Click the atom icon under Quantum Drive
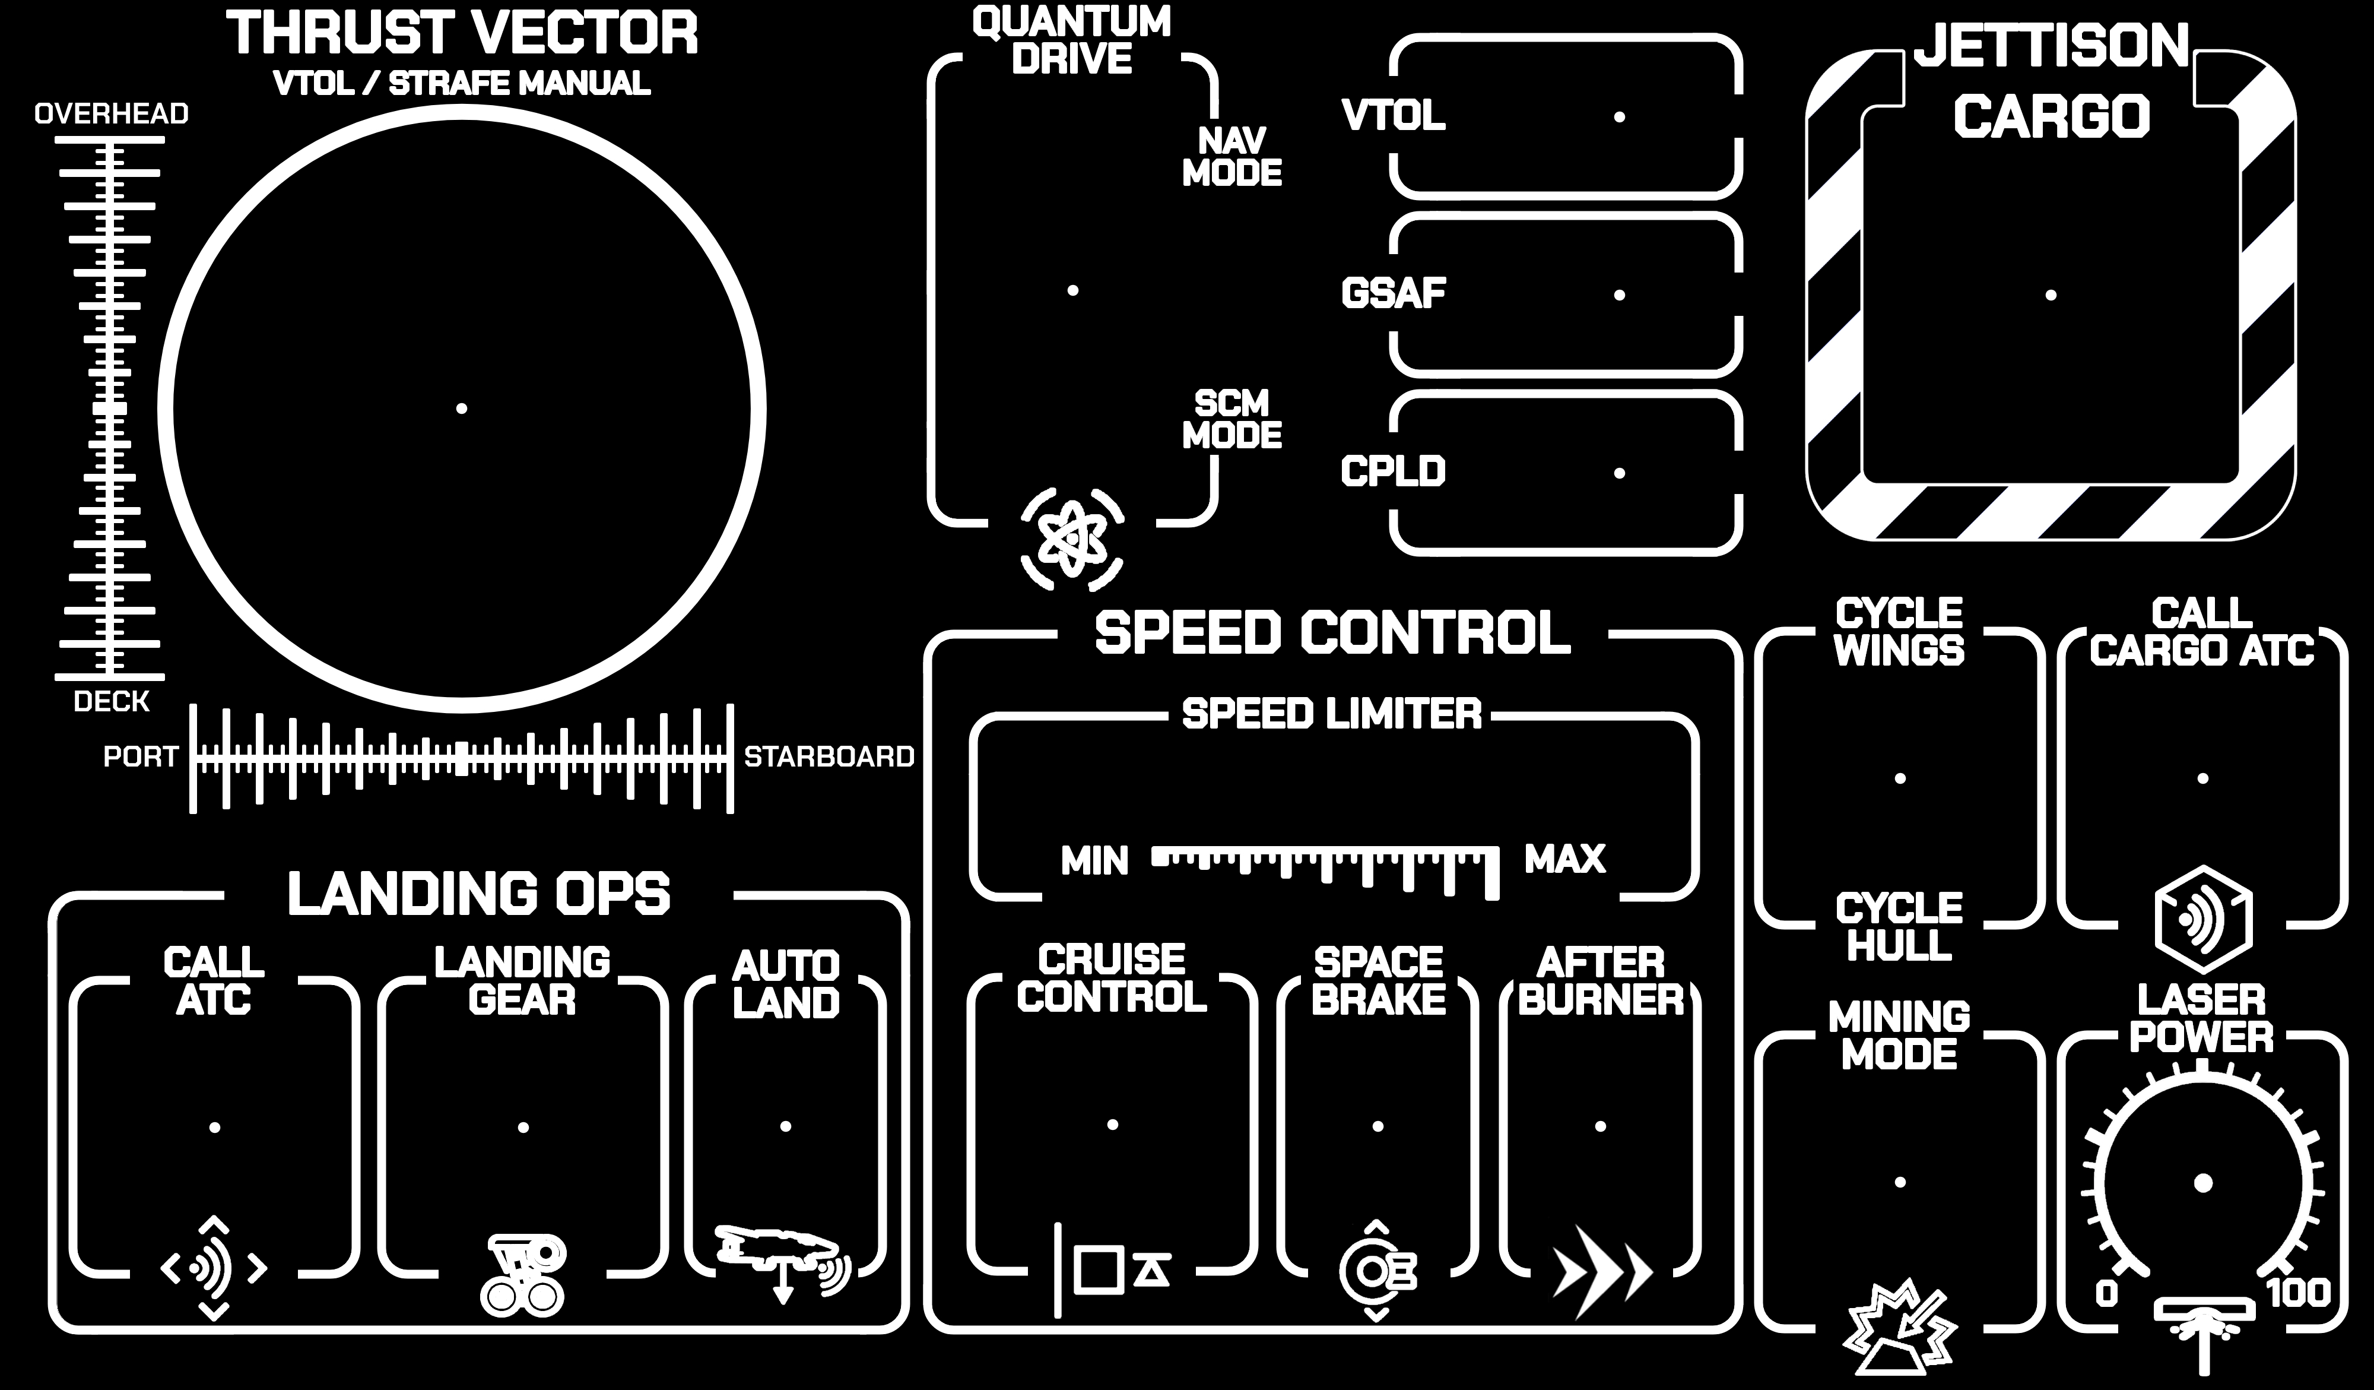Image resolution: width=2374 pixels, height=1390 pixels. (1072, 539)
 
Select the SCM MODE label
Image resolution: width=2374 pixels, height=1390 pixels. (1232, 419)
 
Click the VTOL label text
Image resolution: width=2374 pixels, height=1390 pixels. (1394, 116)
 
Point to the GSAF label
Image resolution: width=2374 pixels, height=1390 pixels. (1394, 293)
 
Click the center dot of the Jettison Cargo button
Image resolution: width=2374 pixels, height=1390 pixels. (2051, 295)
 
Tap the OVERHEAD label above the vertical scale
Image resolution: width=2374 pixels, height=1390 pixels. (111, 114)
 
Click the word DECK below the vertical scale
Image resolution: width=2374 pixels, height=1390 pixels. (111, 701)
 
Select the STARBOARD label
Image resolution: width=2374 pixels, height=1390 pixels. (829, 756)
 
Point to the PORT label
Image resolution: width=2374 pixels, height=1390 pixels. (141, 756)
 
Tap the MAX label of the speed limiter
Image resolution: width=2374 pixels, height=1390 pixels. (1565, 859)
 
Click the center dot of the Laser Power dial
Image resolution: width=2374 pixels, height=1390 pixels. (2202, 1183)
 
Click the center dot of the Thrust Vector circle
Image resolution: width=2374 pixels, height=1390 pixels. (462, 408)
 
